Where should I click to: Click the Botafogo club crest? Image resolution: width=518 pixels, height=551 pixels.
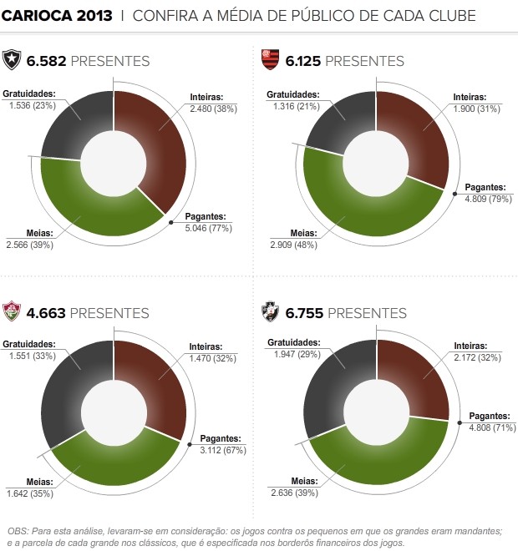13,60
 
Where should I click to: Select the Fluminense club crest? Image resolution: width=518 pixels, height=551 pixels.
13,313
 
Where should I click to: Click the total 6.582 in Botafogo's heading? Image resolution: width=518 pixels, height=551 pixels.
46,61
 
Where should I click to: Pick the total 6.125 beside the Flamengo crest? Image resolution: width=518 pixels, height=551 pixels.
303,61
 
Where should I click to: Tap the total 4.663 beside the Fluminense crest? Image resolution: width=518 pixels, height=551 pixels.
46,314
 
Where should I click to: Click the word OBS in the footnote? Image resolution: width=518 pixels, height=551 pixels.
18,531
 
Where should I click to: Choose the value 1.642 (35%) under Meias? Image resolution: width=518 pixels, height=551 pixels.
29,493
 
